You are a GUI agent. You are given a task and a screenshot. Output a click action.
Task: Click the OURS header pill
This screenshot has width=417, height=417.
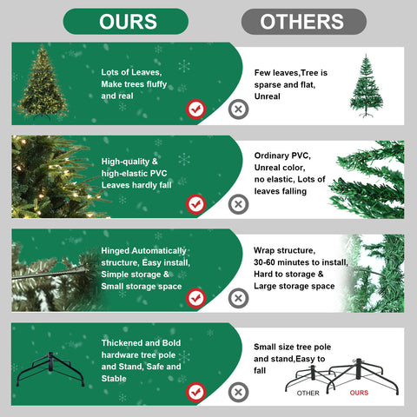(x=126, y=22)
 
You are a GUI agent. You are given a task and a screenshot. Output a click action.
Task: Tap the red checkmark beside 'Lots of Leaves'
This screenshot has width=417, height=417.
(x=196, y=109)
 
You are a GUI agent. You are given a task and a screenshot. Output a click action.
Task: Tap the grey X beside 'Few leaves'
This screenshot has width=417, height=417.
(x=237, y=109)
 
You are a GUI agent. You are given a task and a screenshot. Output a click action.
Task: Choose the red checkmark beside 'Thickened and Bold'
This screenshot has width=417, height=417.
(x=196, y=391)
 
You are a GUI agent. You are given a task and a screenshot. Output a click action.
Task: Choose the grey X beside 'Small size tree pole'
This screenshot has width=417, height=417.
(x=237, y=391)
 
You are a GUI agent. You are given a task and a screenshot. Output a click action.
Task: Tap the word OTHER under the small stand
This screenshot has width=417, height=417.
(x=308, y=392)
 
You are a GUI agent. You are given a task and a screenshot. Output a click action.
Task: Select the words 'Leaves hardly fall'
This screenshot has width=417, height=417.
(x=136, y=184)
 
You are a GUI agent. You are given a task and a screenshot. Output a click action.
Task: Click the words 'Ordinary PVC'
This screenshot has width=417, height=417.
(x=282, y=156)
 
